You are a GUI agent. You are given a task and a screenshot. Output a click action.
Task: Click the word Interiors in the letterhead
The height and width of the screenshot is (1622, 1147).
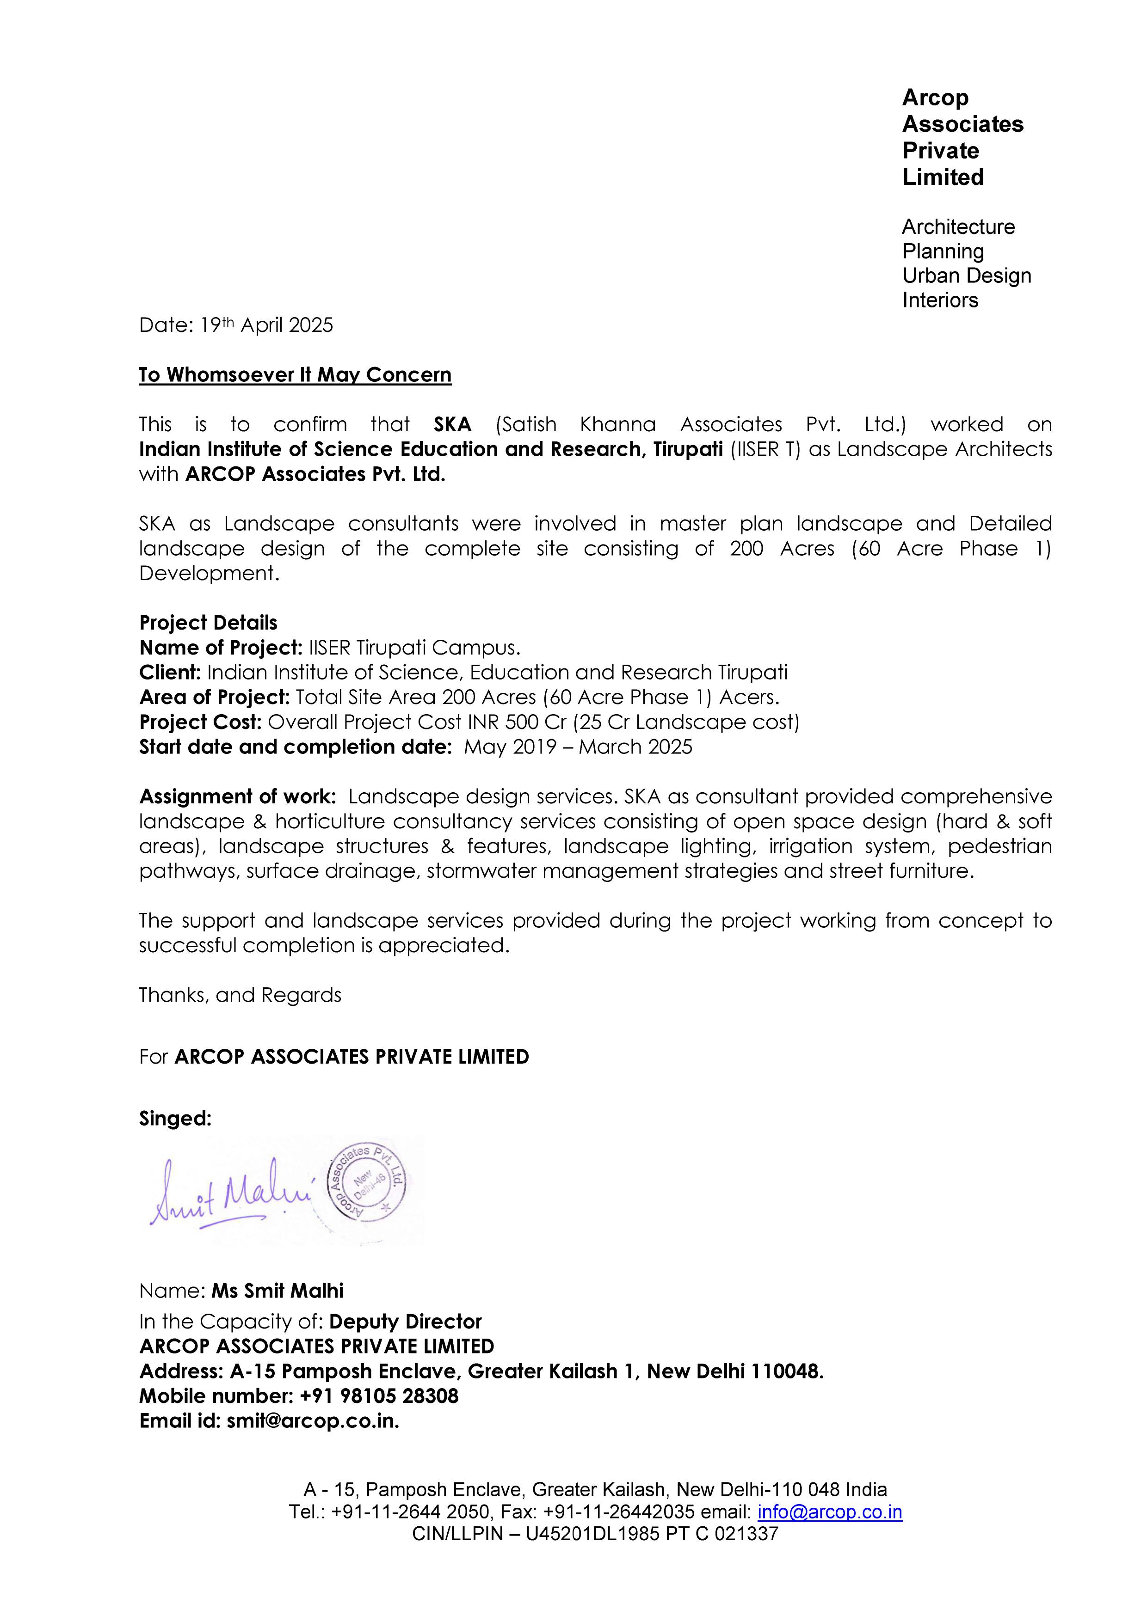(x=940, y=300)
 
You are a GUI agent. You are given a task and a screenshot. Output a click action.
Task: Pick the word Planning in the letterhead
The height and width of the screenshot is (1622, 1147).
(x=943, y=251)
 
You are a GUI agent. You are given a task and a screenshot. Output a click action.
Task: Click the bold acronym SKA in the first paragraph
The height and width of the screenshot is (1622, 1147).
(x=452, y=425)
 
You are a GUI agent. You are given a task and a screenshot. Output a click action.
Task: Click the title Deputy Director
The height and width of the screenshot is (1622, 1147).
(x=405, y=1321)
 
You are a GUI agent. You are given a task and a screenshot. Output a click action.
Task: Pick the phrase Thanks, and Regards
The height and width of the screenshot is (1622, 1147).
(x=240, y=995)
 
